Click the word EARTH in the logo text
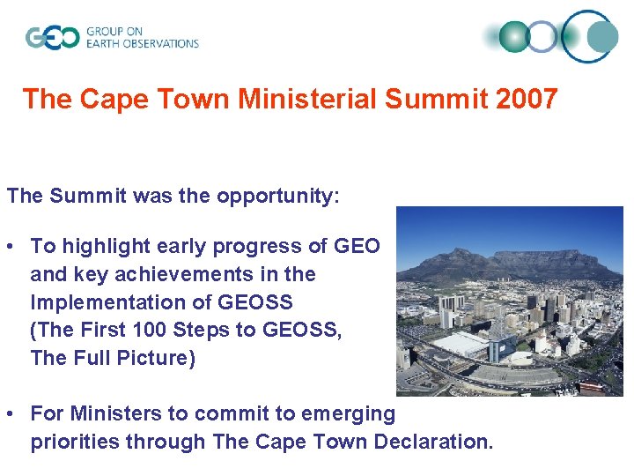coord(105,43)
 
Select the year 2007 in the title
coord(527,99)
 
